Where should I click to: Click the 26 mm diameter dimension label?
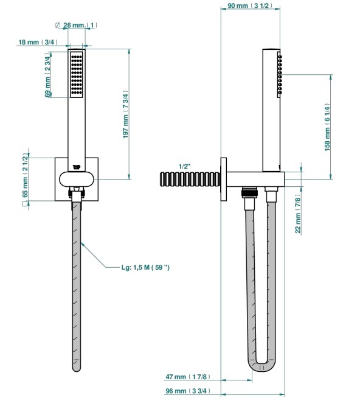point(76,25)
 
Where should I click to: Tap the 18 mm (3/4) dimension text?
point(38,42)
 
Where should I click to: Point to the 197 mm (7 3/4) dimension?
point(126,114)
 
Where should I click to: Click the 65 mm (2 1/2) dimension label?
point(25,175)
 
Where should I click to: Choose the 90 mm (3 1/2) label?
point(250,5)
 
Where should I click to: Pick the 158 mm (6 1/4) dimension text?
point(327,127)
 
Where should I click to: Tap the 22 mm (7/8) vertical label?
point(298,214)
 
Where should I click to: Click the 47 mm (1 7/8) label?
point(188,377)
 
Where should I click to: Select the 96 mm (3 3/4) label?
point(188,391)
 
